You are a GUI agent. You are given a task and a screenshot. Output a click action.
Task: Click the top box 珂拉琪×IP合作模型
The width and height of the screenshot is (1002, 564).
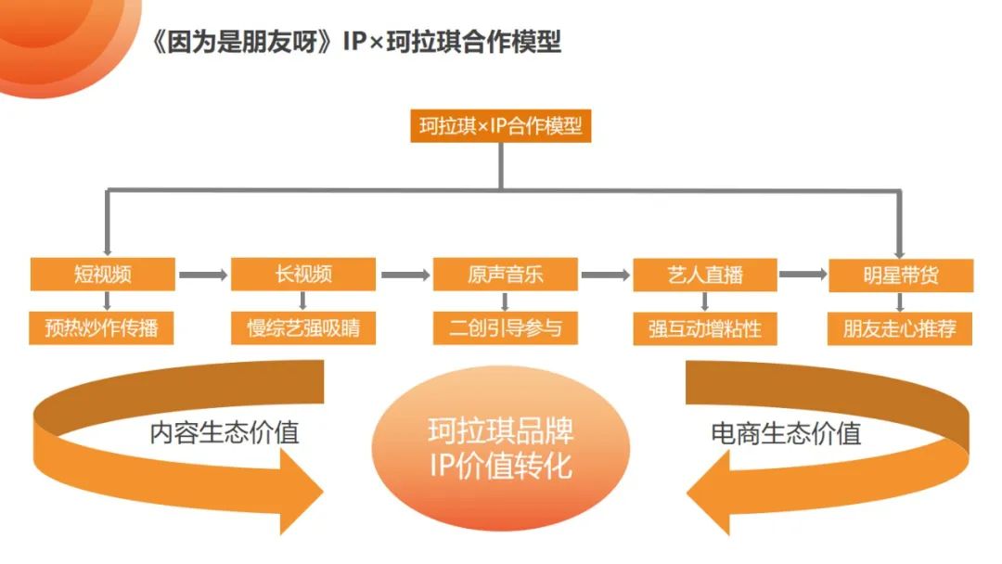(x=500, y=126)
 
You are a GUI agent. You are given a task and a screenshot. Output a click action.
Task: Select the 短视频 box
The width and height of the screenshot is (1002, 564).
(x=102, y=275)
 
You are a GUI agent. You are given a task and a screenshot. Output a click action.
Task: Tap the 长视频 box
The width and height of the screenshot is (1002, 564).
(x=303, y=275)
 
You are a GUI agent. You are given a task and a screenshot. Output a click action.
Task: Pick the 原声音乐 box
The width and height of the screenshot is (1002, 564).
(x=505, y=275)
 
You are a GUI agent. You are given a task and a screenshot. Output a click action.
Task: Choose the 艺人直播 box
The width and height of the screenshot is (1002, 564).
(x=705, y=275)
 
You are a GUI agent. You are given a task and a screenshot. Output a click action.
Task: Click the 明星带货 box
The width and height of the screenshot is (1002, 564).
(x=900, y=276)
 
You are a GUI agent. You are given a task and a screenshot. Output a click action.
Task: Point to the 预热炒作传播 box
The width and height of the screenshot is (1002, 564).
(x=102, y=328)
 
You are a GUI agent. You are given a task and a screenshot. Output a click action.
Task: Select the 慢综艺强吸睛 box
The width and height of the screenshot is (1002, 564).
(x=303, y=328)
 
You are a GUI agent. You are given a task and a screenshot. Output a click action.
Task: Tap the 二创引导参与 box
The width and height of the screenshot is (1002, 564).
(x=505, y=328)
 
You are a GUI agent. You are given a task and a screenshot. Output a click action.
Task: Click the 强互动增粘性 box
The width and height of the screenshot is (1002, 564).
(x=705, y=328)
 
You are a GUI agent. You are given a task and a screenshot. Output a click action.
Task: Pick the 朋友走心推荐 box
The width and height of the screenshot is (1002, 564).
(x=900, y=328)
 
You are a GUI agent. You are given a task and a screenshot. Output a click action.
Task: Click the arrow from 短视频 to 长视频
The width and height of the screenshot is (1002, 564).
(x=202, y=276)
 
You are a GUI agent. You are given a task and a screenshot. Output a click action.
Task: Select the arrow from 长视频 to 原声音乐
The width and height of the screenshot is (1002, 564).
(x=404, y=276)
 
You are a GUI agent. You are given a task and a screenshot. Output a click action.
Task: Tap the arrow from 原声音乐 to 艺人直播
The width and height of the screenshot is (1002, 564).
(x=605, y=276)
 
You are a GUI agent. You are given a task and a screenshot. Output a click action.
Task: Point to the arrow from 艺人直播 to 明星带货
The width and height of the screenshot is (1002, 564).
(x=803, y=276)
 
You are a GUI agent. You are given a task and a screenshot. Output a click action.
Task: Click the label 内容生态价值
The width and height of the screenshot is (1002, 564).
(x=225, y=433)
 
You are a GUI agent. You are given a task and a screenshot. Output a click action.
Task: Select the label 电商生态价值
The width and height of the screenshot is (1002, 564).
(x=786, y=433)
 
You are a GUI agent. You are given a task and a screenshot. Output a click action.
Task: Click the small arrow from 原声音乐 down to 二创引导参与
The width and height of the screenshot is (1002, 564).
(x=505, y=301)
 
